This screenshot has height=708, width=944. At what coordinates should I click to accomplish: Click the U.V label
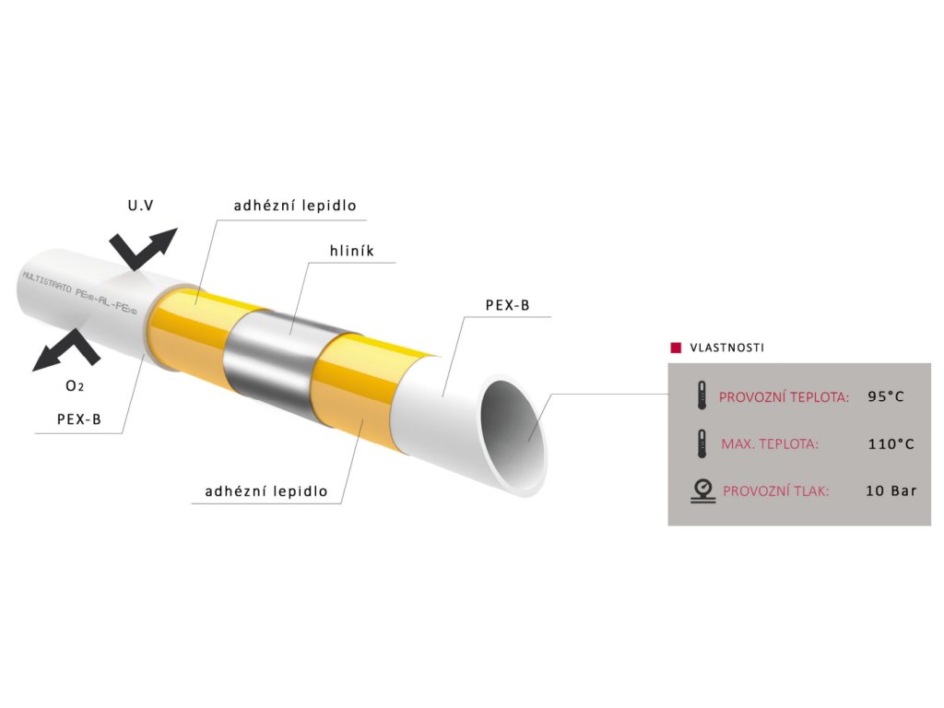[x=140, y=206]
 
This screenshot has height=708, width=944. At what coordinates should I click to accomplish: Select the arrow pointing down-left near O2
[x=66, y=350]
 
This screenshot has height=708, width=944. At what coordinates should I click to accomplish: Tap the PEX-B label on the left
[x=78, y=419]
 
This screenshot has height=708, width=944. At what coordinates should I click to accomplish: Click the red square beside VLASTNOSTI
[x=675, y=348]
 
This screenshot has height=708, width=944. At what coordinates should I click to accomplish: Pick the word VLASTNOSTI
[x=726, y=348]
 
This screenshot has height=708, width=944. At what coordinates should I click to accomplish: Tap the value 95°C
[x=886, y=397]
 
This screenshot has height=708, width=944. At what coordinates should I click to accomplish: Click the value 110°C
[x=891, y=443]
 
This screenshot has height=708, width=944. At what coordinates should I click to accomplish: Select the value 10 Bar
[x=891, y=490]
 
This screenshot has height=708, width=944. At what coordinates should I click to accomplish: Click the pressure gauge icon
[x=702, y=490]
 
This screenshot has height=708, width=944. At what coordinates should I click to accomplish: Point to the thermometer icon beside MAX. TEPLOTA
[x=702, y=443]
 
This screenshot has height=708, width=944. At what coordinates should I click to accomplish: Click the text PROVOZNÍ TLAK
[x=775, y=490]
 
